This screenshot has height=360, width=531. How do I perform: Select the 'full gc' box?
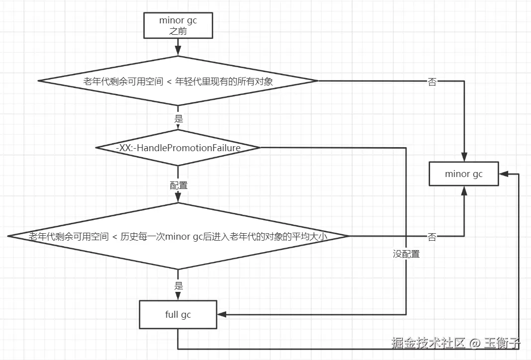(178, 314)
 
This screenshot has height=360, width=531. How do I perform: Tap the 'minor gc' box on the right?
(463, 174)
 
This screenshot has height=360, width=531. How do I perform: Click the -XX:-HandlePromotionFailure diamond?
(178, 148)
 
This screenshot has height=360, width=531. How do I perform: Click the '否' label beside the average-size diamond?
(432, 237)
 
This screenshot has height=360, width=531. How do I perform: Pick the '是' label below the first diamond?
(178, 119)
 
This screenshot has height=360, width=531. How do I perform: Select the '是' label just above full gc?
(178, 286)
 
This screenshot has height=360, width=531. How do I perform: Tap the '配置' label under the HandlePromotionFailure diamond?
(178, 185)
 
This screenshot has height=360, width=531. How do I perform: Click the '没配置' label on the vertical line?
(406, 254)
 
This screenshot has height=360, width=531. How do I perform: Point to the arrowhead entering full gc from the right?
(222, 314)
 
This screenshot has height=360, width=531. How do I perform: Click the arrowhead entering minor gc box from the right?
(503, 174)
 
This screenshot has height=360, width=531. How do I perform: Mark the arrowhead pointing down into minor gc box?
(463, 157)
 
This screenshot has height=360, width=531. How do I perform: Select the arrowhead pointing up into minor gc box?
(463, 190)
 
